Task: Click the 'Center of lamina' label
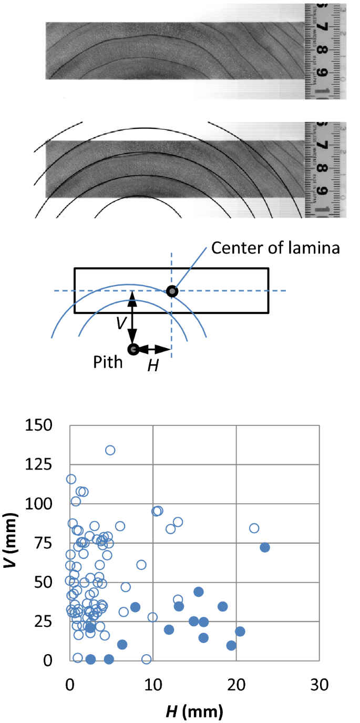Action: [x=275, y=248]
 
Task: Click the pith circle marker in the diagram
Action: [x=133, y=349]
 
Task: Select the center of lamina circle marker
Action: [x=171, y=291]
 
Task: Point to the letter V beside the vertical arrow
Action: [x=121, y=323]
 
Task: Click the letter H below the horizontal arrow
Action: [x=152, y=366]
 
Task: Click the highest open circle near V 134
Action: [x=110, y=450]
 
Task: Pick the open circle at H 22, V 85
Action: [x=254, y=528]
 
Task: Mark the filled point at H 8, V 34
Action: [x=135, y=607]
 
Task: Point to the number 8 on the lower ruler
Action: [x=319, y=169]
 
